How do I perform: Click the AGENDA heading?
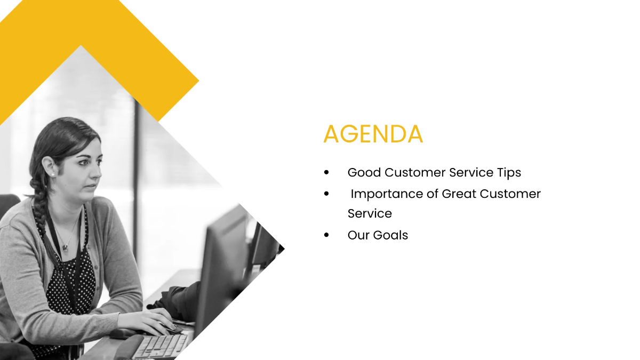[x=373, y=134]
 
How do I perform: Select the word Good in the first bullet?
[x=364, y=173]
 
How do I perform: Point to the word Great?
[x=459, y=194]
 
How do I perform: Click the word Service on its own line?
[x=370, y=214]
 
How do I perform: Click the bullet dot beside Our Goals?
[x=326, y=235]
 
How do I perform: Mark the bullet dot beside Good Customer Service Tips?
[x=326, y=173]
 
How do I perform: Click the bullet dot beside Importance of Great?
[x=326, y=194]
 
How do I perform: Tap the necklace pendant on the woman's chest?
[x=65, y=247]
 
